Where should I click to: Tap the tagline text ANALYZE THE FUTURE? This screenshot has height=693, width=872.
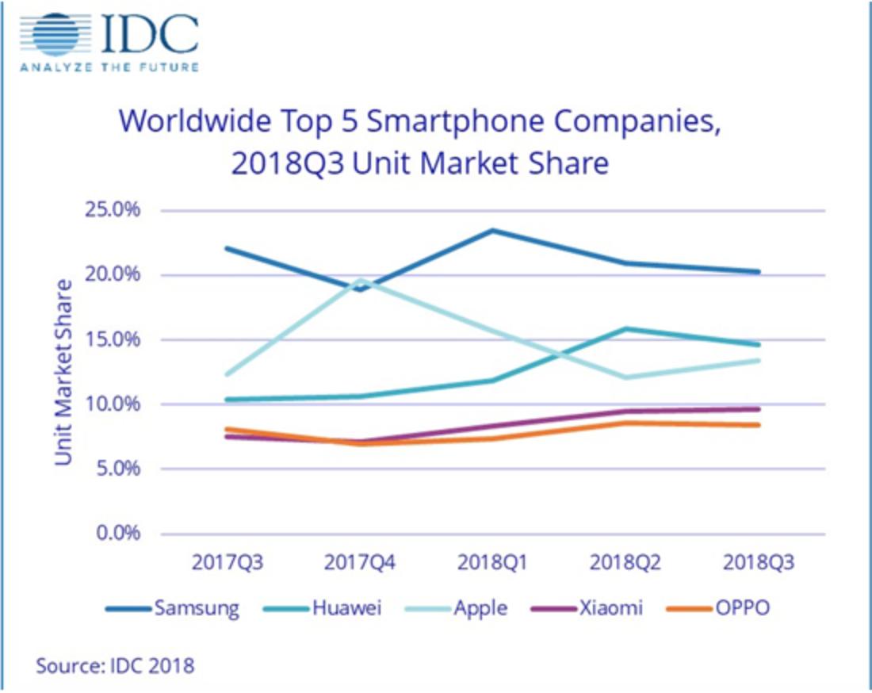click(x=109, y=67)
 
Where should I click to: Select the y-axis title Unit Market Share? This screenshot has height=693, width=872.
click(x=64, y=371)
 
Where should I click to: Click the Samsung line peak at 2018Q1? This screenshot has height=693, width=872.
click(x=492, y=230)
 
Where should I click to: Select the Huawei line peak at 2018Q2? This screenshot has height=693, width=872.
click(x=626, y=328)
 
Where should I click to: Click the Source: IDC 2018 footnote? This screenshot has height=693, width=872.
click(x=115, y=664)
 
